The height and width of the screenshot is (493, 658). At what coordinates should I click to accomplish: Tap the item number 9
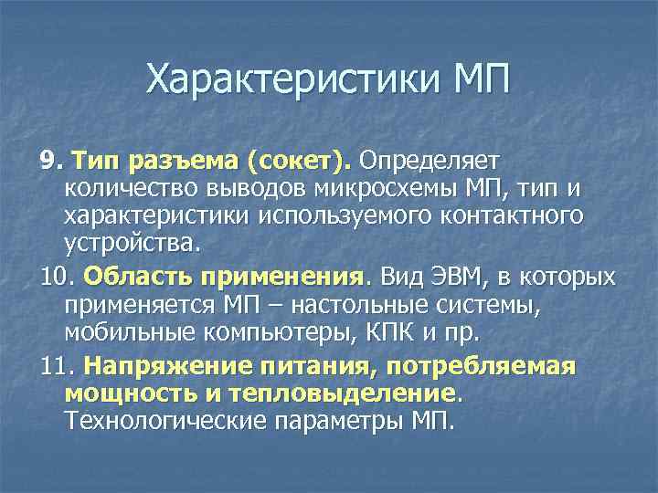(49, 161)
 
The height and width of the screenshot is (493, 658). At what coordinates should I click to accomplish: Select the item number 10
(55, 276)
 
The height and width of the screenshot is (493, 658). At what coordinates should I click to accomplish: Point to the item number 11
(55, 366)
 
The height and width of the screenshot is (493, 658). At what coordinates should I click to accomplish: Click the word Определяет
(429, 162)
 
